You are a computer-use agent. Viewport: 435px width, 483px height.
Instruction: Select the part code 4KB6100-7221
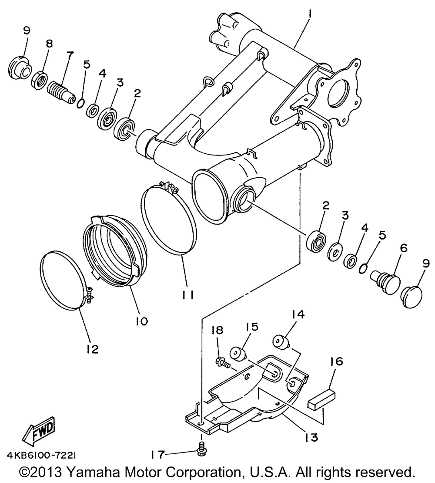coord(41,455)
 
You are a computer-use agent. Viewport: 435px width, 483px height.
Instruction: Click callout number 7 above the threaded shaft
coord(70,56)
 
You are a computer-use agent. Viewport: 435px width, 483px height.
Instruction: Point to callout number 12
coord(93,349)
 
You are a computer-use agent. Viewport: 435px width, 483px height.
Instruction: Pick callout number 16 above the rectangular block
coord(337,361)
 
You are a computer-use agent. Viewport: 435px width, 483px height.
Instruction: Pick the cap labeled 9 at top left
coord(19,68)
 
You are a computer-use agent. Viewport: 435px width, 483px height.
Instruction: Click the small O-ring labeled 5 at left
coord(80,103)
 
